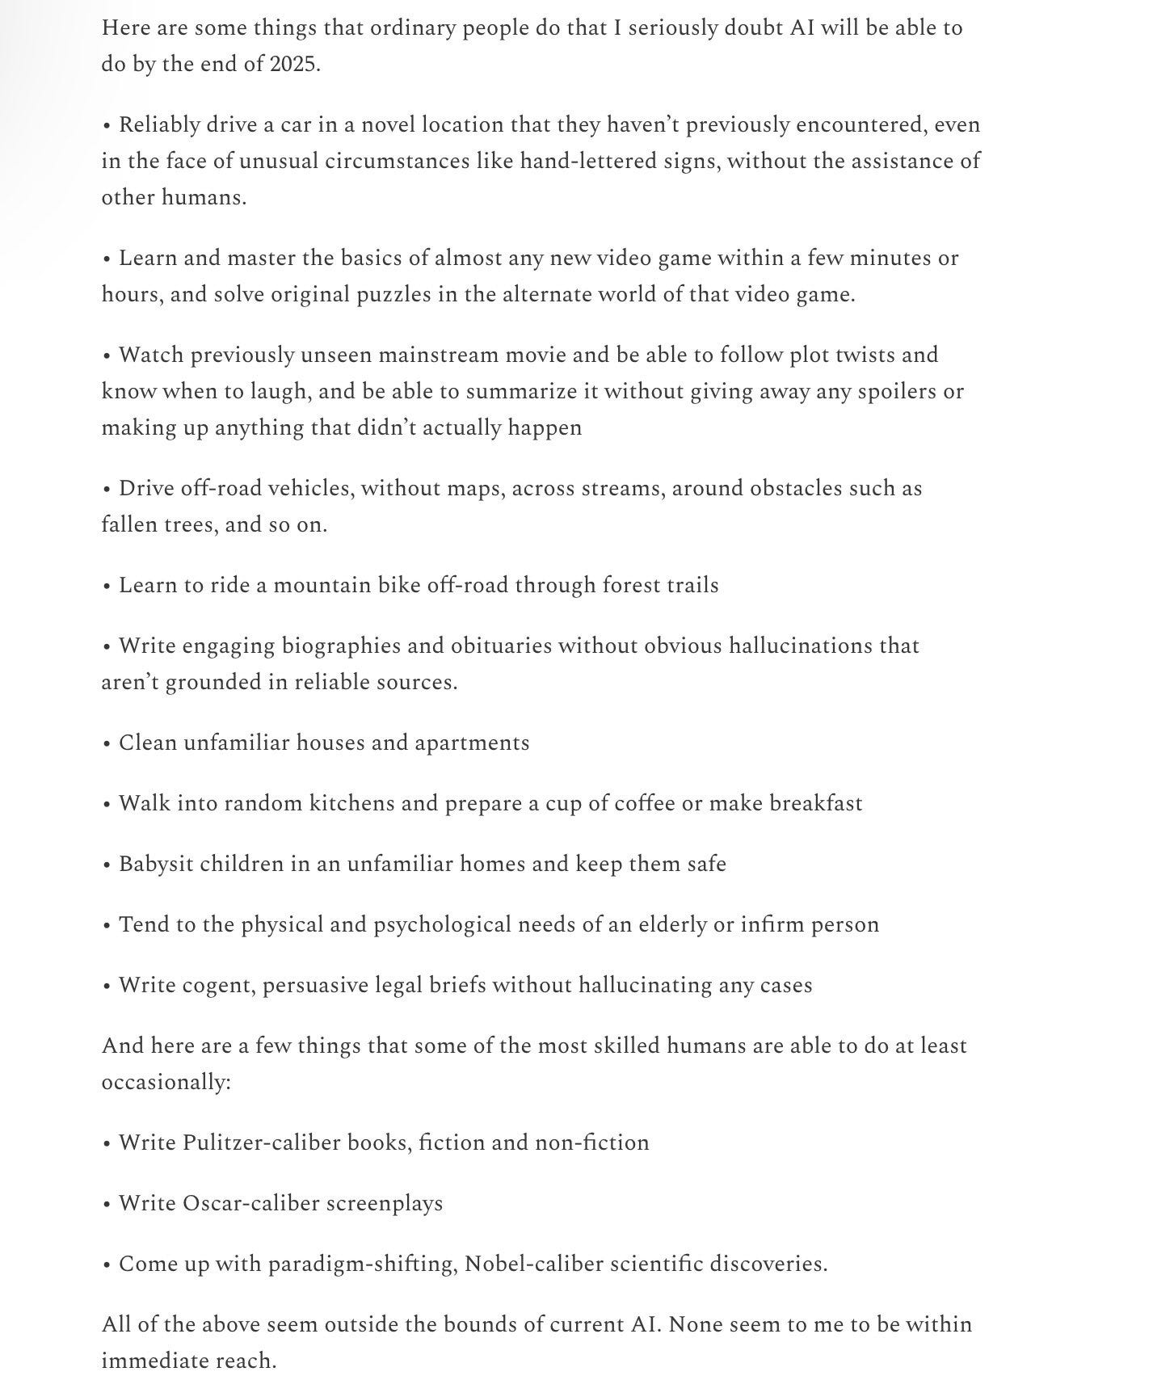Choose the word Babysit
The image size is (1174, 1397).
pos(156,864)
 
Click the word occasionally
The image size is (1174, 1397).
pos(166,1082)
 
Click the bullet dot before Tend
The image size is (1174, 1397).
pos(107,925)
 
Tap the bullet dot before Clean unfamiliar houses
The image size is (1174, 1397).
pos(107,743)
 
